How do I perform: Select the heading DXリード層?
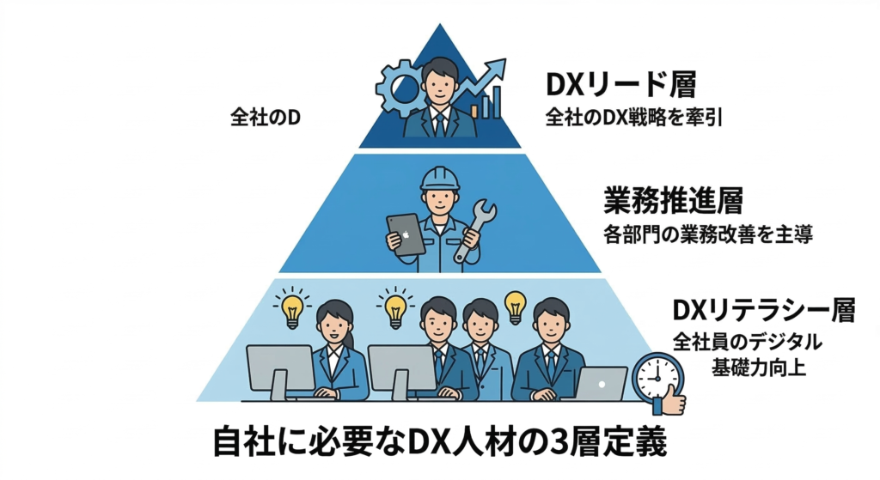[x=620, y=84]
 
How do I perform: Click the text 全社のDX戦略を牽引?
[x=632, y=117]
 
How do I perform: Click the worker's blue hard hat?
[x=440, y=177]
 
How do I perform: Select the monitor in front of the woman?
[x=280, y=368]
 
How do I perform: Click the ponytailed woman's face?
[x=333, y=325]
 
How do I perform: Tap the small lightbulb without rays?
[x=515, y=303]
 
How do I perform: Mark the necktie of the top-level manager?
[x=440, y=122]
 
